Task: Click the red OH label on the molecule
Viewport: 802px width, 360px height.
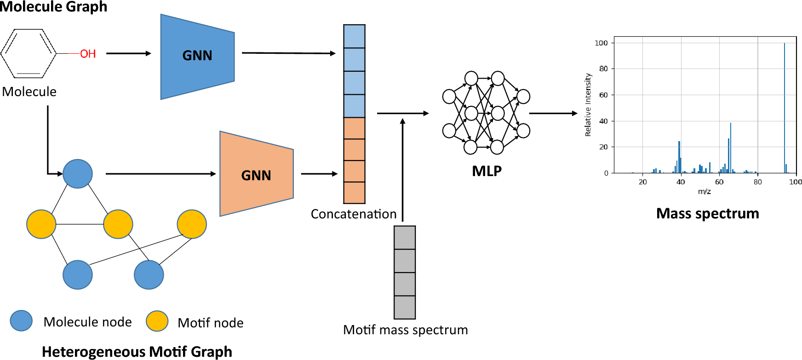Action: pos(88,54)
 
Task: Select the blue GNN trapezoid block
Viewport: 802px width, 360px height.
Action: pos(197,56)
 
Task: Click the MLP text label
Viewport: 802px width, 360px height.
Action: pos(487,171)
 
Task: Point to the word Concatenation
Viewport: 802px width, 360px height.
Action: pos(354,214)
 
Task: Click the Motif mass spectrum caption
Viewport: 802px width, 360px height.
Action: pos(405,330)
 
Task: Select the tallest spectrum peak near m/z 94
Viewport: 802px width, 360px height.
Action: pos(785,106)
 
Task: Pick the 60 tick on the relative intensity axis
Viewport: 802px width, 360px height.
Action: pos(603,95)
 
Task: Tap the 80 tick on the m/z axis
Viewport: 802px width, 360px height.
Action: pos(757,182)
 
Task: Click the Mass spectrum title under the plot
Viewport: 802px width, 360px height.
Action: pos(707,213)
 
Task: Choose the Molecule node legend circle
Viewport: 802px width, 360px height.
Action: pos(21,321)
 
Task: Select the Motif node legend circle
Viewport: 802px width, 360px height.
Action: pos(157,321)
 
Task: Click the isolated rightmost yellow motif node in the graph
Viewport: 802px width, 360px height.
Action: pos(192,224)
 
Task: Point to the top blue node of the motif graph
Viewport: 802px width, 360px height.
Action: pos(78,174)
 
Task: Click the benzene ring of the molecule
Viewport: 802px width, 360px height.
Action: pos(29,53)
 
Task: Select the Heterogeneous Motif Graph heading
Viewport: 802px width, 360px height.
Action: pos(137,352)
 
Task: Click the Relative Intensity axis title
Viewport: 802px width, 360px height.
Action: pos(588,105)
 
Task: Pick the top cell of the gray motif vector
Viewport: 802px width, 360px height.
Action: pos(405,238)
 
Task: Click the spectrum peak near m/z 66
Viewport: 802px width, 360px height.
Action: pos(730,147)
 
